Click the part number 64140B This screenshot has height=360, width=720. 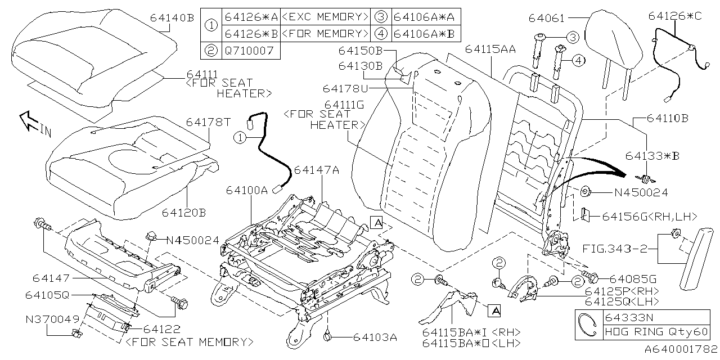[x=172, y=17]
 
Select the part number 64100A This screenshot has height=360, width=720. [x=248, y=190]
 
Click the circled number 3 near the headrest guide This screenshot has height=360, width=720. [x=572, y=38]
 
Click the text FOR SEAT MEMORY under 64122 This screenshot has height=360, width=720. [x=189, y=341]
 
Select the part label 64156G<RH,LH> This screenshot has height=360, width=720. [x=649, y=216]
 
